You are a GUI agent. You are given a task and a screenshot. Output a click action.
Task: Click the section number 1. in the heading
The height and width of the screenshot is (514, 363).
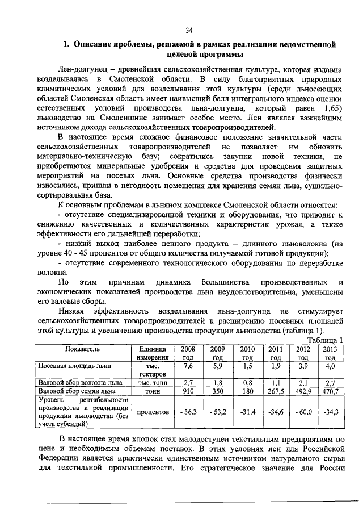point(66,44)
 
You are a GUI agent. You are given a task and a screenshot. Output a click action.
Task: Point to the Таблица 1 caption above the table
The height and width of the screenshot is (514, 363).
point(325,340)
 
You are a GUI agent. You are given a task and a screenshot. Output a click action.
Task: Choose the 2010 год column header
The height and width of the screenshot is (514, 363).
point(247,353)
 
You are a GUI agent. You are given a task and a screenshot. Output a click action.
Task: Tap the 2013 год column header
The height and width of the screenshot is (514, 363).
point(330,353)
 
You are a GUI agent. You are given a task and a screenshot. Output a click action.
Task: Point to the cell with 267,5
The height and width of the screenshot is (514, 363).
point(275,391)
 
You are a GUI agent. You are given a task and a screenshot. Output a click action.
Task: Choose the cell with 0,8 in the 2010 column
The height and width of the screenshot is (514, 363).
point(247,383)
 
